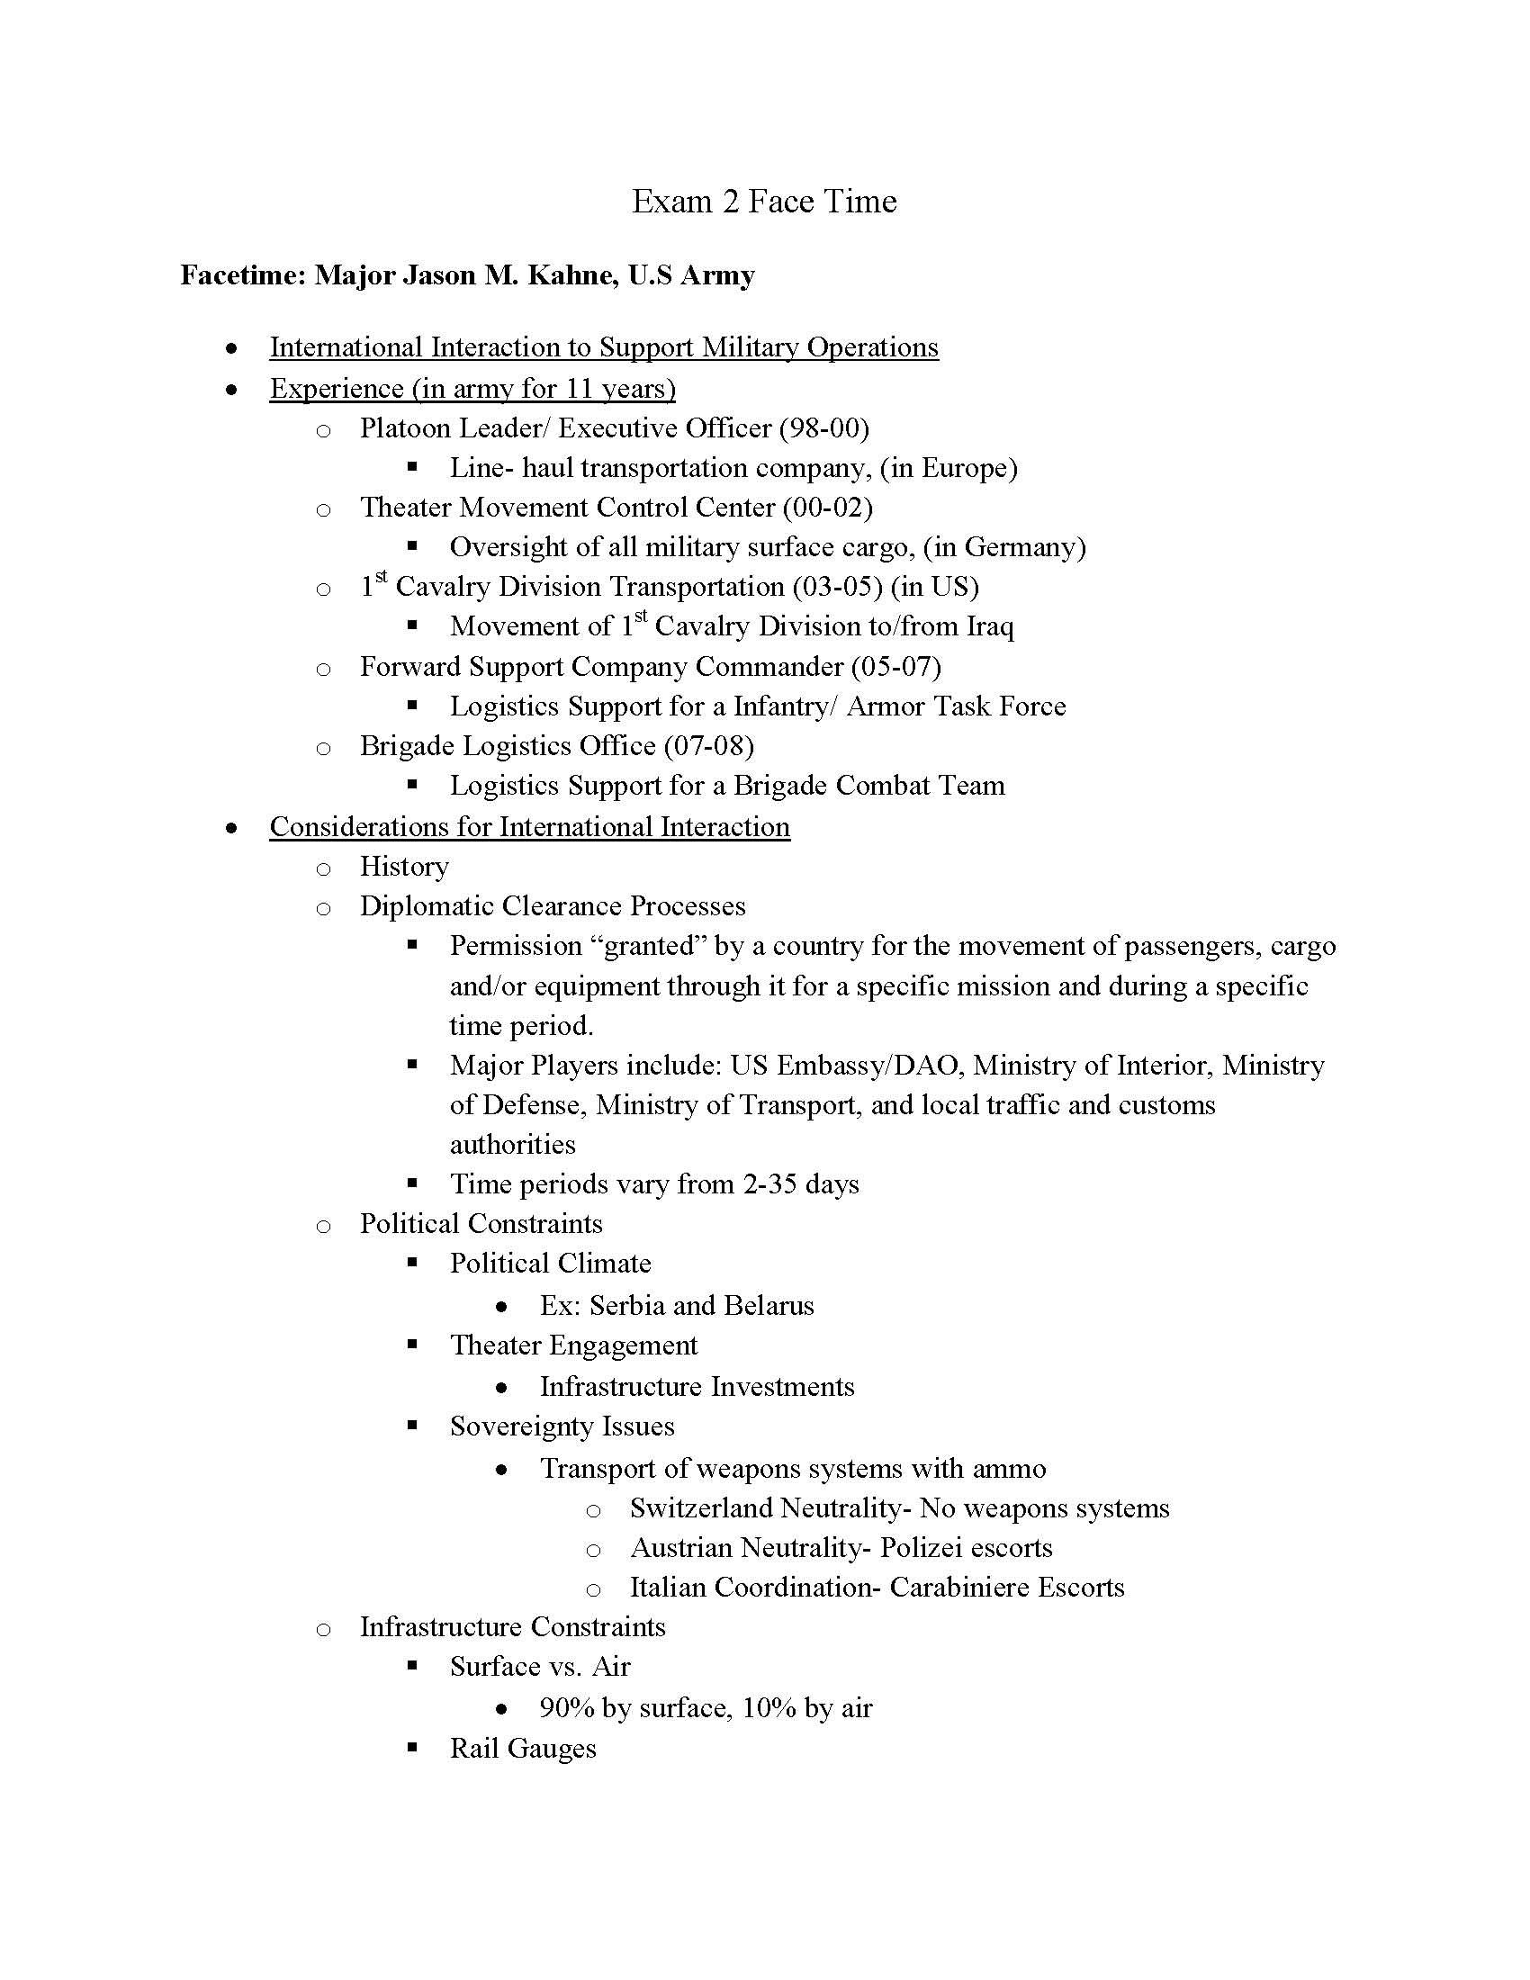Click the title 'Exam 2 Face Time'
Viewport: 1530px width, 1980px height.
click(763, 202)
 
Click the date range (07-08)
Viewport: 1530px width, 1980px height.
click(709, 745)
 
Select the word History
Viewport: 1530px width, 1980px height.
click(404, 867)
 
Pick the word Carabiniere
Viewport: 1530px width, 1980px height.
click(960, 1588)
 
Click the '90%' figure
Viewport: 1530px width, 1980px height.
click(565, 1708)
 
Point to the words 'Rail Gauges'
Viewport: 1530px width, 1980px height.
click(523, 1748)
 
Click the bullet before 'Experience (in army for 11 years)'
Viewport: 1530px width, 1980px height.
click(233, 390)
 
